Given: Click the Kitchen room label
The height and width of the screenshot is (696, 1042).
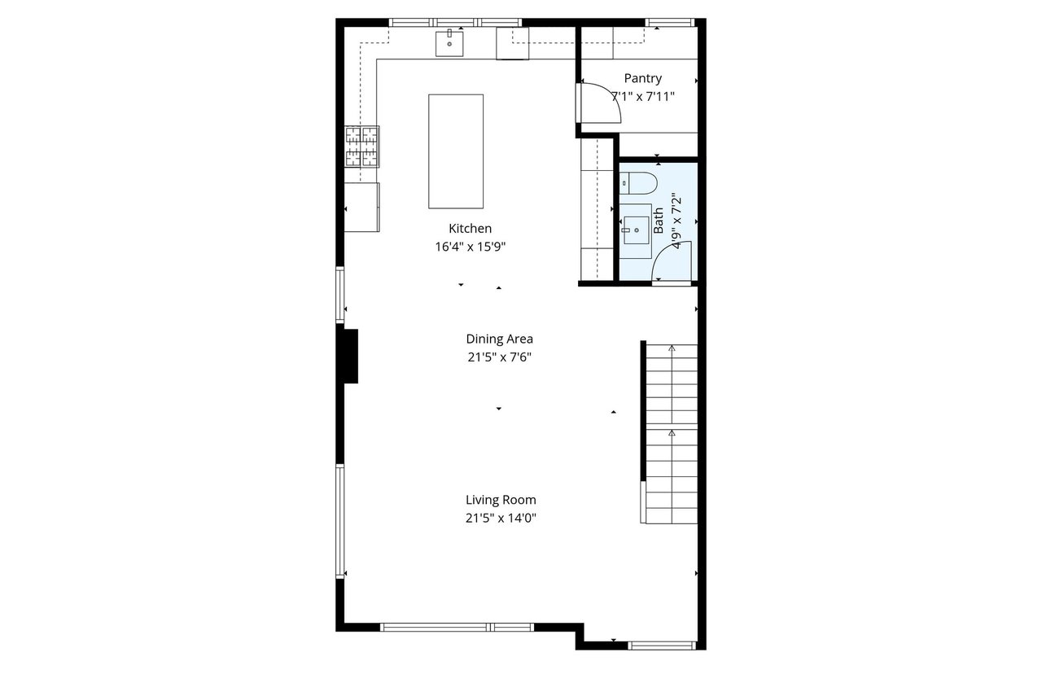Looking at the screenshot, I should point(470,229).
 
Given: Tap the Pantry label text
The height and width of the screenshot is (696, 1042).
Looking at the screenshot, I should point(642,79).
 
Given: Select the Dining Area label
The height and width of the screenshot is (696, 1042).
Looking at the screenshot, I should point(499,339).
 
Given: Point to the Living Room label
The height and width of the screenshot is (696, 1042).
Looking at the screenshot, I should point(501,500).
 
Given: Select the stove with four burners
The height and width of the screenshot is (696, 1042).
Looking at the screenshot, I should point(362,147).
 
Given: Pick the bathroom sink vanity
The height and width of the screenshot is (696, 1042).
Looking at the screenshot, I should point(636,231).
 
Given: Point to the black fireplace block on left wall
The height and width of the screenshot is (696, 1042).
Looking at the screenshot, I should point(349,356).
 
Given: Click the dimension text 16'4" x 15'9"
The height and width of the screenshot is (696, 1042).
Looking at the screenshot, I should point(475,247).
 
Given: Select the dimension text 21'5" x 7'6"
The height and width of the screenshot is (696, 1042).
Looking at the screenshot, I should point(499,357).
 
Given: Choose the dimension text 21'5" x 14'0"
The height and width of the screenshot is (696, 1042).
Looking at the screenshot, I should point(501,518).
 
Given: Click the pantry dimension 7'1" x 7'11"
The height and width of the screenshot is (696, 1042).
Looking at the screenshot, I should point(643,96).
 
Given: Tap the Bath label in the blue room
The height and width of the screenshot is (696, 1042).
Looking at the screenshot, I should point(658,221).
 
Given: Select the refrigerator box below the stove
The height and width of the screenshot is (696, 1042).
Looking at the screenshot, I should point(362,207).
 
